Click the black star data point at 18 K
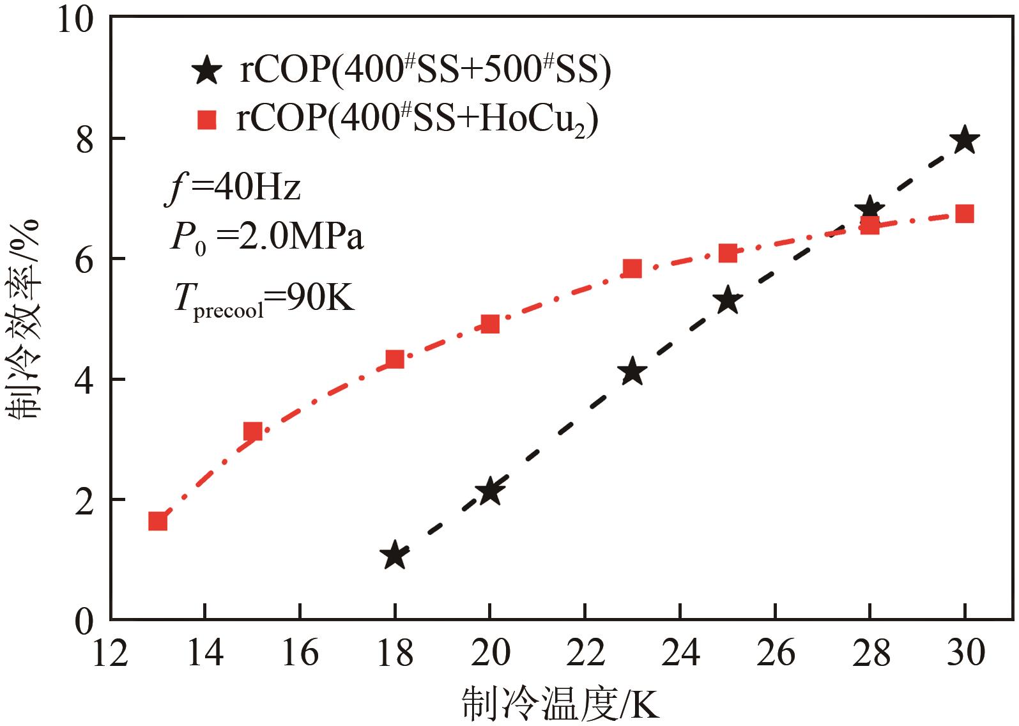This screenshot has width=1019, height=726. coord(395,555)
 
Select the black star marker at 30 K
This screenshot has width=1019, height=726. coord(965,140)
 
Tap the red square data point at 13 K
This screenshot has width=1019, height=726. coord(158,521)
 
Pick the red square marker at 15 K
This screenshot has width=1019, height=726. coord(253,431)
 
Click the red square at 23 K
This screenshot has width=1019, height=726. coord(632,268)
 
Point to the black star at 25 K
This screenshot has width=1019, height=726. coord(728,300)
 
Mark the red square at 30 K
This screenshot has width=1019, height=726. coord(965,213)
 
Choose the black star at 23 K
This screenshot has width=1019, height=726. coord(632,371)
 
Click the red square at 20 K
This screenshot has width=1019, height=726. coord(490,324)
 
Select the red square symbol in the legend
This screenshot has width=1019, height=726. coord(207,120)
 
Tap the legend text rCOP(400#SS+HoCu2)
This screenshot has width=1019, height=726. coord(417,120)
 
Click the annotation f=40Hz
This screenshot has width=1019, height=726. coord(233,189)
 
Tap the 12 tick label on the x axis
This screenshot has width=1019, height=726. coord(110,653)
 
